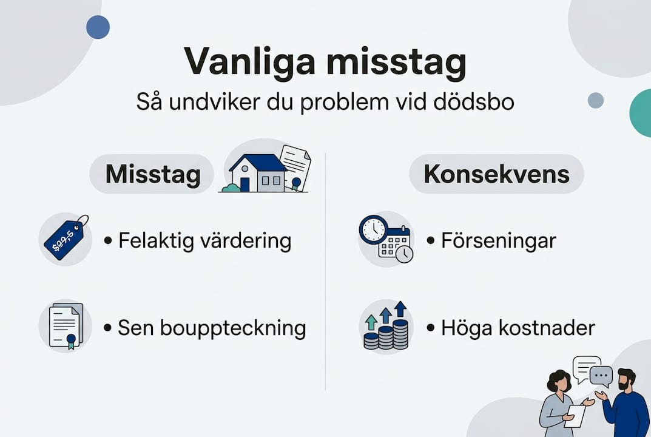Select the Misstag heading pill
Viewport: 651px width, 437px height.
152,174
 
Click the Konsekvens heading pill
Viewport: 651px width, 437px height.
496,174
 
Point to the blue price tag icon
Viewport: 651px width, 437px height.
64,239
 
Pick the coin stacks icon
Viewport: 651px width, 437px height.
386,328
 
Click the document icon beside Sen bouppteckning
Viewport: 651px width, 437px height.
65,326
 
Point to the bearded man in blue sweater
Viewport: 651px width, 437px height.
623,404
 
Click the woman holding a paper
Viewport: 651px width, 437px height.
561,404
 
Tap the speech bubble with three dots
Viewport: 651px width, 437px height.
601,376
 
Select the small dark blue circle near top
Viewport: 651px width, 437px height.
98,27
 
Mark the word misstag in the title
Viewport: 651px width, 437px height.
397,63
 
